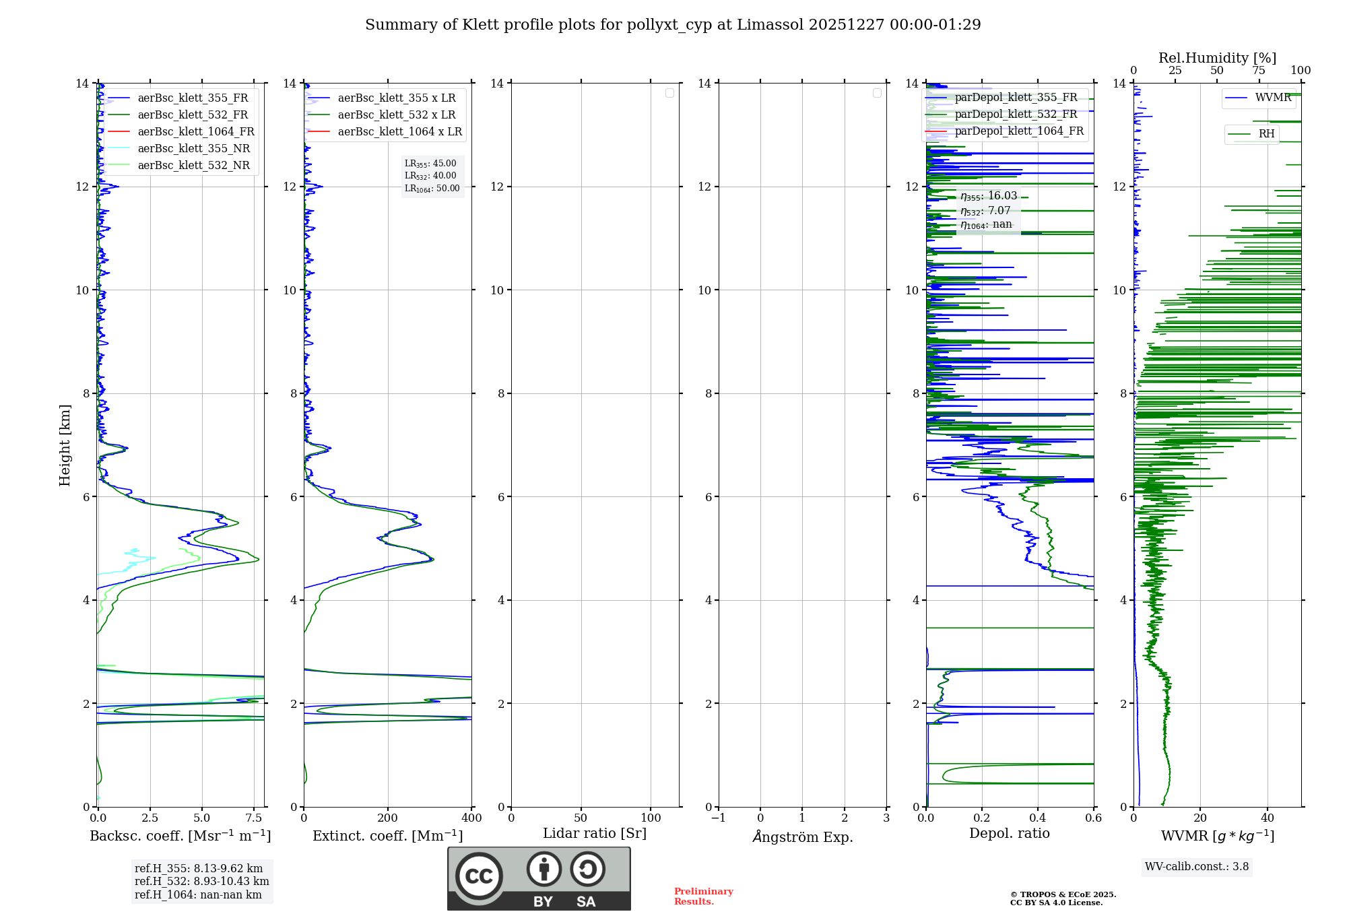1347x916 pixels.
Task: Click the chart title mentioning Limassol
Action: coord(673,25)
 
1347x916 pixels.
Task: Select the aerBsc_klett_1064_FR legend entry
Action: coord(195,131)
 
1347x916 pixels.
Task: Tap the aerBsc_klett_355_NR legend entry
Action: coord(193,148)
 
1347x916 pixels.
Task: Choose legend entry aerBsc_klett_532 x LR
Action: coord(396,115)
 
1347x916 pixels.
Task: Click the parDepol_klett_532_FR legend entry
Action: coord(1016,115)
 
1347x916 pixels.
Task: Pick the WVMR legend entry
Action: coord(1272,98)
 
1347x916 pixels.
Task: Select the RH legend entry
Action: coord(1266,134)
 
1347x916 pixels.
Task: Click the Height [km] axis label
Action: coord(65,445)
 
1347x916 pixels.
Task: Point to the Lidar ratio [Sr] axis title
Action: coord(595,833)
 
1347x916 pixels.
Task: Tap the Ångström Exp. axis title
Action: coord(802,837)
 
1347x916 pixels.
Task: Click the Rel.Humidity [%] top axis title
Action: coord(1217,58)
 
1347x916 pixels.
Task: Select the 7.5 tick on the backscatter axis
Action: coord(254,818)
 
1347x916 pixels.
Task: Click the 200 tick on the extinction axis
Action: coord(388,818)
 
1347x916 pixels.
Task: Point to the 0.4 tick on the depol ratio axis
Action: coord(1038,818)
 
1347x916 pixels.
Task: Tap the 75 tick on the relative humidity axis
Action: coord(1258,71)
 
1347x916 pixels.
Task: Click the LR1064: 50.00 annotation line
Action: coord(432,189)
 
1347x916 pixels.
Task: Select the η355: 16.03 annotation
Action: coord(989,196)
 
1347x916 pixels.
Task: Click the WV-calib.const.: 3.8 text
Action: coord(1197,867)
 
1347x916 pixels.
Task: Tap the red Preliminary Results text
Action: coord(703,896)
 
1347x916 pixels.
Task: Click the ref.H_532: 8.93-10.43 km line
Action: coord(201,882)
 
